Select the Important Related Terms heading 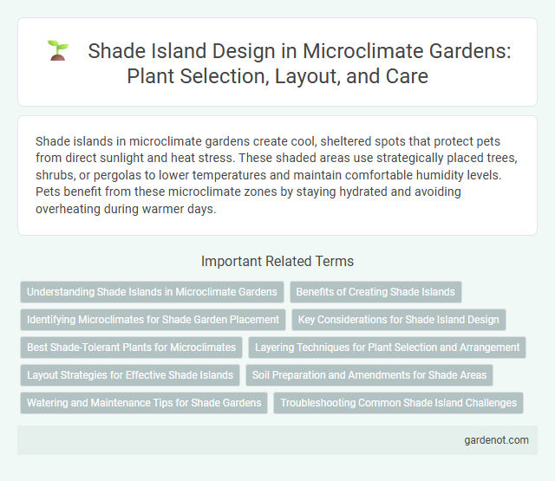point(277,261)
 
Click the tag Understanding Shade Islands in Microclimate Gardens point(152,292)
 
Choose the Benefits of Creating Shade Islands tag point(377,292)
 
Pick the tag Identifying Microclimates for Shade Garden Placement point(153,320)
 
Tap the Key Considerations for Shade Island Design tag point(398,320)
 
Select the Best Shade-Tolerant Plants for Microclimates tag point(131,348)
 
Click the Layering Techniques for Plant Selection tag point(388,348)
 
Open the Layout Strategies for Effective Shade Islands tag point(130,375)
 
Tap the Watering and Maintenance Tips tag point(144,403)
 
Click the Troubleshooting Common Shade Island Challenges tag point(400,403)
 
